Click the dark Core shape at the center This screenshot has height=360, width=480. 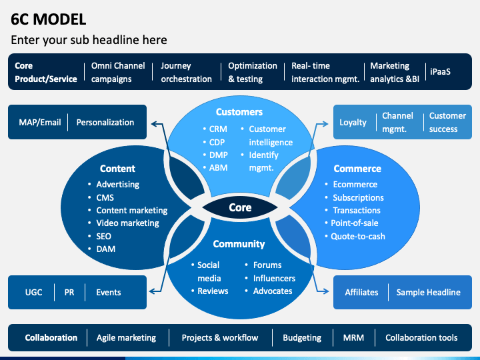(x=240, y=207)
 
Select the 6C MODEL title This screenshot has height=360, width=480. (x=49, y=19)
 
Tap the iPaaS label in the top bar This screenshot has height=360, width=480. (x=440, y=71)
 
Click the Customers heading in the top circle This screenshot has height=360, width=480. (x=239, y=112)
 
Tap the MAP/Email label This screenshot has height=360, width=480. (x=40, y=123)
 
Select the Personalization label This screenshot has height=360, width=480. (x=105, y=123)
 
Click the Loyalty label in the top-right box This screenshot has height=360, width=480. (x=353, y=123)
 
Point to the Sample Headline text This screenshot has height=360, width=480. (x=428, y=293)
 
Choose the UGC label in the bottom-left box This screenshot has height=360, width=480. (x=34, y=293)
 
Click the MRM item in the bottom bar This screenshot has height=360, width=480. (x=353, y=337)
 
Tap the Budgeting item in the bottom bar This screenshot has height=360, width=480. (x=302, y=337)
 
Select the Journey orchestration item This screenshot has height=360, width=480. (x=186, y=72)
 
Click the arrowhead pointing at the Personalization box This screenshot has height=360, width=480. (x=155, y=124)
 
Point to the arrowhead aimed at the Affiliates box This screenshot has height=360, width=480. (x=325, y=291)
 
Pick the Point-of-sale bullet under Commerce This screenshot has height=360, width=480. (x=355, y=223)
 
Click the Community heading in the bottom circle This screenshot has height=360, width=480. (x=239, y=244)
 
